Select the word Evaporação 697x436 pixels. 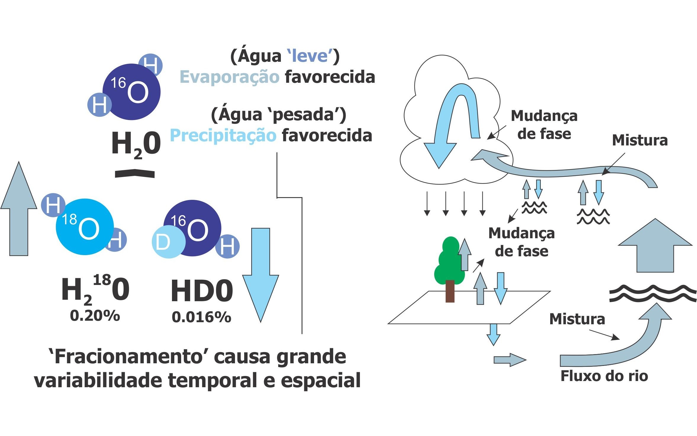coord(229,77)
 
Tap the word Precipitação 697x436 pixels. coord(223,136)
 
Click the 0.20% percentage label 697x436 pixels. coord(95,316)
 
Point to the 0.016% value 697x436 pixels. coord(201,317)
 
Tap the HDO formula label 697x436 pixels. coord(202,291)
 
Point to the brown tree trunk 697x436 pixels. coord(450,291)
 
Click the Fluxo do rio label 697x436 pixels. coord(604,376)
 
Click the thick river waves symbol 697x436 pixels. coord(653,294)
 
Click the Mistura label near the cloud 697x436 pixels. coord(640,140)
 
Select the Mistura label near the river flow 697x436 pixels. coord(577,319)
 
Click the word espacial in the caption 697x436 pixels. coord(321,380)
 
